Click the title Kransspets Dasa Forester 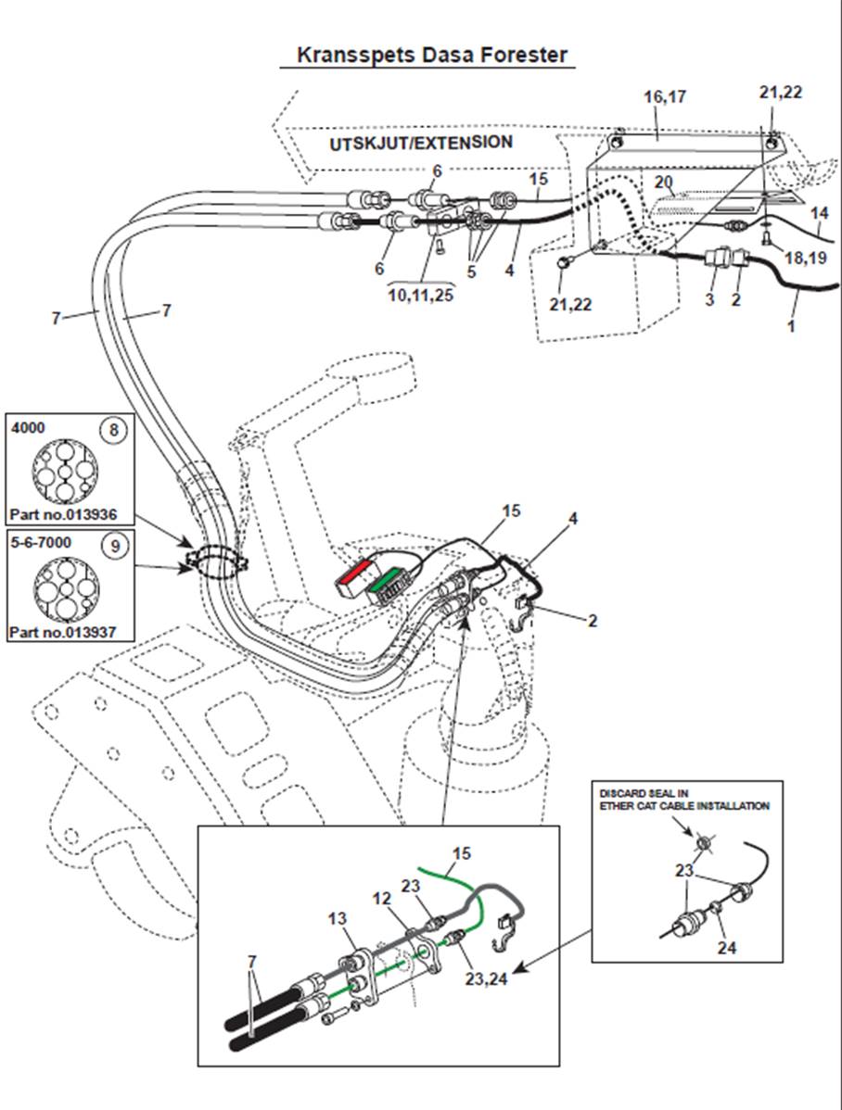pos(431,56)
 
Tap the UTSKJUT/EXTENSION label pos(421,143)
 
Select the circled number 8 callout pos(113,430)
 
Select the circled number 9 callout pos(115,545)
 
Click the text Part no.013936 pos(63,514)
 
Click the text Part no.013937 pos(62,632)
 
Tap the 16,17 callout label pos(665,96)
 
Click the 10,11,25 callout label pos(421,295)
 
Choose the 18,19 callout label pos(806,258)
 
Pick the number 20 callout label pos(663,183)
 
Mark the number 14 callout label pos(820,212)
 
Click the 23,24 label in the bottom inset pos(486,979)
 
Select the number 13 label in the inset pos(338,918)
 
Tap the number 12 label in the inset pos(382,899)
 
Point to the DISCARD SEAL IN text pos(644,793)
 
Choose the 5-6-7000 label pos(41,542)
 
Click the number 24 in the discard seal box pos(727,947)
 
